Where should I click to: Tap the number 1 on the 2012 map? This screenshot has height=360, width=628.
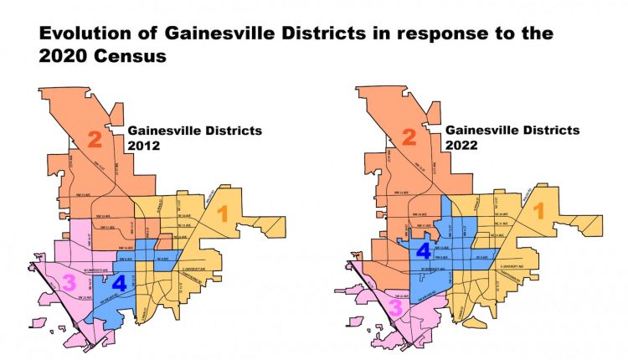tap(222, 213)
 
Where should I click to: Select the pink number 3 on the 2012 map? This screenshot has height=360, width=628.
tap(69, 284)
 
